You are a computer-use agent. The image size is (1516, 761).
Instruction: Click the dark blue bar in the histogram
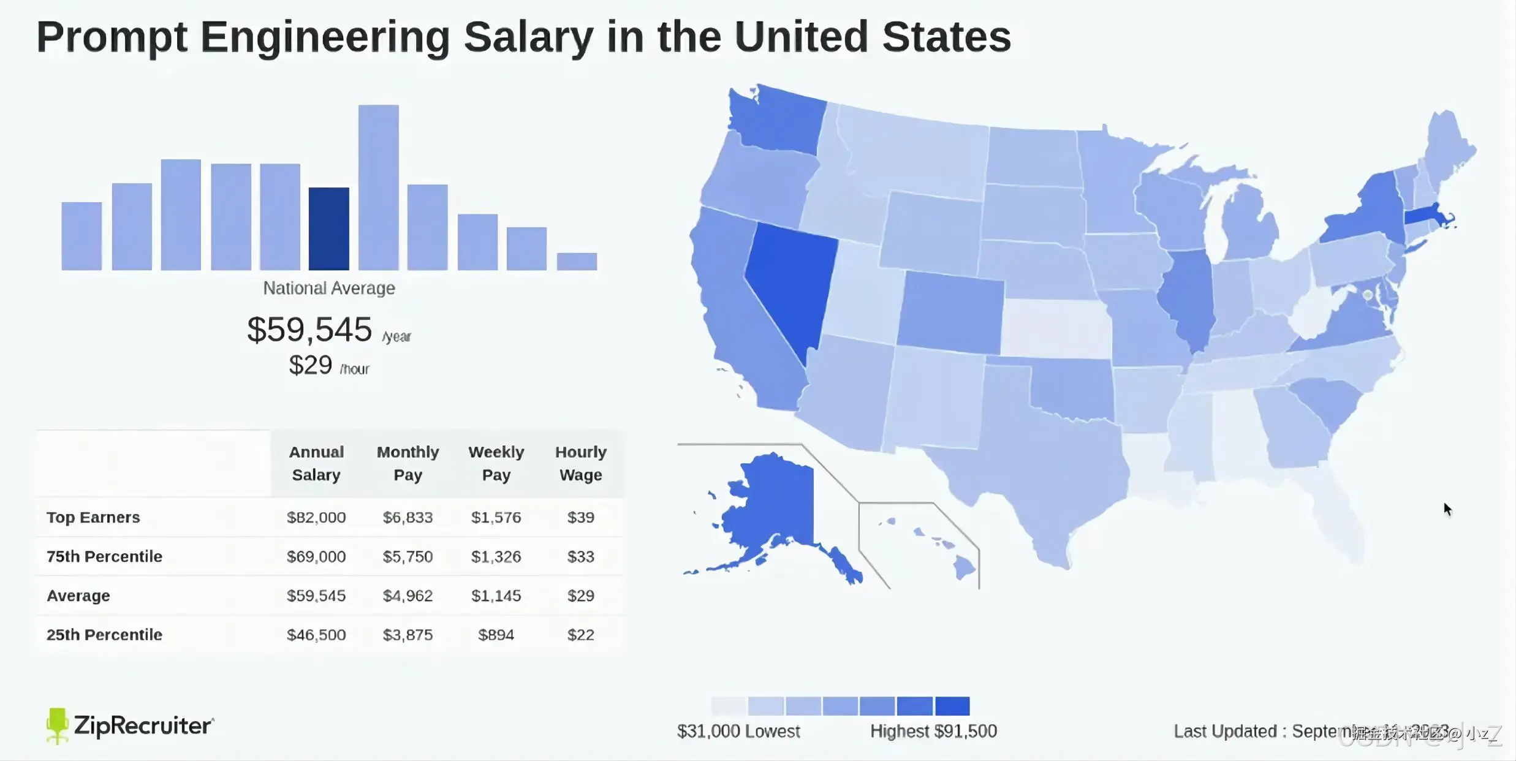[x=328, y=229]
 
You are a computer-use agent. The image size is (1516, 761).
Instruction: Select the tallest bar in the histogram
[x=378, y=187]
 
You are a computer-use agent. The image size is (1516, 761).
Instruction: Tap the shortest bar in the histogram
[x=576, y=261]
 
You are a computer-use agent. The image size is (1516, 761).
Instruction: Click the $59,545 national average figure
[x=309, y=330]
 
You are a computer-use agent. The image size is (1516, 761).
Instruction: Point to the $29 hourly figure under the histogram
[x=311, y=365]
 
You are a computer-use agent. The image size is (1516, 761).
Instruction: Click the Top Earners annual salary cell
[x=316, y=517]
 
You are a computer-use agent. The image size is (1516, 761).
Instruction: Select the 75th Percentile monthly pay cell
[x=407, y=556]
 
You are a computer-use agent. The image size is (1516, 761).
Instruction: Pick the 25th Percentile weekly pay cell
[x=496, y=635]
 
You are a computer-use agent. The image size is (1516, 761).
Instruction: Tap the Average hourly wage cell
[x=580, y=596]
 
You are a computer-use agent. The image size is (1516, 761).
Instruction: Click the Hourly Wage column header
[x=580, y=463]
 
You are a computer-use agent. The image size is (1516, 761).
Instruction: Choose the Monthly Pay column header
[x=407, y=463]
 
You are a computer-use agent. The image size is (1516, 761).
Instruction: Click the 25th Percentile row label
[x=104, y=635]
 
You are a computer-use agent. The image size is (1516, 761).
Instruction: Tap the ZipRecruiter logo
[x=130, y=726]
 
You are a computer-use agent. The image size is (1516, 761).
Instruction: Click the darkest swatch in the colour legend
[x=952, y=706]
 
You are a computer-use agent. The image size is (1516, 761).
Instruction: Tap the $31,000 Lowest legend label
[x=738, y=731]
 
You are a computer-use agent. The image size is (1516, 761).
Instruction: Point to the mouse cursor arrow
[x=1447, y=509]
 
